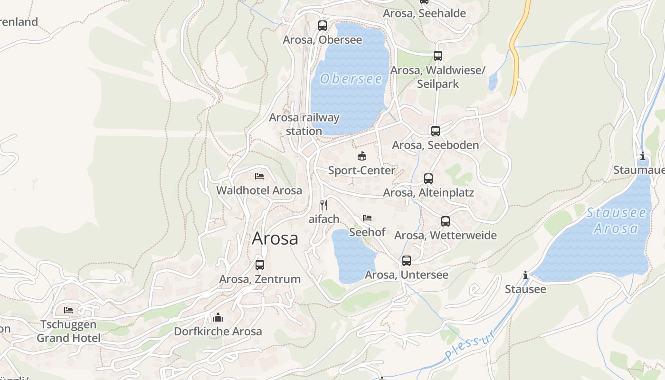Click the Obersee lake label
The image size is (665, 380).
(x=351, y=79)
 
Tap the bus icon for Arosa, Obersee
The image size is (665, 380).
(x=323, y=26)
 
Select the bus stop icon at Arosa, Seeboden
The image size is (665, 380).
(x=436, y=131)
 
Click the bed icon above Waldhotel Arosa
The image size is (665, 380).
(x=259, y=176)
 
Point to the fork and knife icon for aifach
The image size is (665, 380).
(x=324, y=205)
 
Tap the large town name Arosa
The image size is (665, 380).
(x=275, y=238)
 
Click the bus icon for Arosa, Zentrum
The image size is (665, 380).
(x=260, y=265)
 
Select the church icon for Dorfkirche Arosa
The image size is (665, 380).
(x=218, y=317)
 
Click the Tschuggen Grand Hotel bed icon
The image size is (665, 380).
(x=68, y=310)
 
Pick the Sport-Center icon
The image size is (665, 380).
(x=362, y=156)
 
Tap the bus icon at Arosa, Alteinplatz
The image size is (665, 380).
(x=428, y=179)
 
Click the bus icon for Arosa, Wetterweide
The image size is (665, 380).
(x=446, y=221)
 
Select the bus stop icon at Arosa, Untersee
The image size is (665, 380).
(x=407, y=261)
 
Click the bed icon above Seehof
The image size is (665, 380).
(x=367, y=218)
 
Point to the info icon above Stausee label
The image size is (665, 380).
(x=525, y=275)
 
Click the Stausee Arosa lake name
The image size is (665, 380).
(x=616, y=220)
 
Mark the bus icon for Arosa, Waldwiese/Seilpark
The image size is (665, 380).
(x=438, y=56)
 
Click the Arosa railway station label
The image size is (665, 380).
(x=304, y=124)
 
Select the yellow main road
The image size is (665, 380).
(x=515, y=62)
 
